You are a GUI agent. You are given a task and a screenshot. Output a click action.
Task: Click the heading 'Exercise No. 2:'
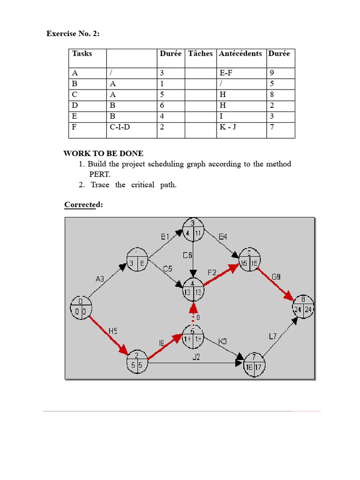(x=73, y=34)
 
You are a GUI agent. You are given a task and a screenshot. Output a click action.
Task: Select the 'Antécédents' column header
(x=240, y=53)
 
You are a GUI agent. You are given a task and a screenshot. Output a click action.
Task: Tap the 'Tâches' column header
(x=200, y=53)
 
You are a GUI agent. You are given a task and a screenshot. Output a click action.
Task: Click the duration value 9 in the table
(x=272, y=73)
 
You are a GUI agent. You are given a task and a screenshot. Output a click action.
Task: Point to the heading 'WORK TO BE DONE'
(x=104, y=154)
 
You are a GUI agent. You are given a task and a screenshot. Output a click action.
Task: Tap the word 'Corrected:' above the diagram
(x=82, y=205)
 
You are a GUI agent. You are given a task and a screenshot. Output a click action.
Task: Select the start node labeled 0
(x=81, y=307)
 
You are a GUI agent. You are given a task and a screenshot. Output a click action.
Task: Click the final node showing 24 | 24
(x=303, y=307)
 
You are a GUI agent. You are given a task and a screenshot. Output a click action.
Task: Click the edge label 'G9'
(x=277, y=277)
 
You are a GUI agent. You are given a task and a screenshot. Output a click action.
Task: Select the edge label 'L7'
(x=273, y=336)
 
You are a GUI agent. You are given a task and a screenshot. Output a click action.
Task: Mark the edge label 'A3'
(x=100, y=279)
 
